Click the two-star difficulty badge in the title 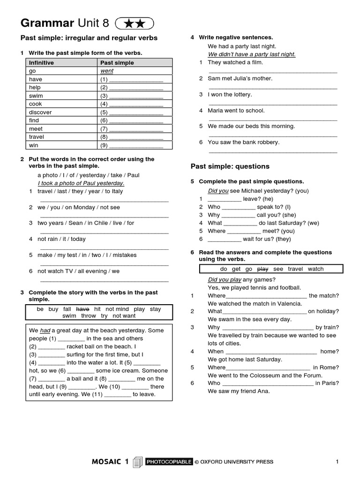click(x=134, y=23)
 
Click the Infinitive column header click(x=41, y=62)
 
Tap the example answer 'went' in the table click(x=107, y=71)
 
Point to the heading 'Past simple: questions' click(x=230, y=166)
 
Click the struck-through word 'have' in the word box click(x=82, y=309)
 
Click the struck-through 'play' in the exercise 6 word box click(x=263, y=269)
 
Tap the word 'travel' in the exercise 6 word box click(x=295, y=269)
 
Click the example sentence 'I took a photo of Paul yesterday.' click(x=81, y=183)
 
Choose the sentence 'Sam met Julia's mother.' click(x=240, y=78)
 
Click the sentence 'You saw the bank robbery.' click(x=243, y=142)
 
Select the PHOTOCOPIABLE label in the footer click(x=169, y=462)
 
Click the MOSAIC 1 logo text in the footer click(x=110, y=462)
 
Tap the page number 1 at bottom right click(x=337, y=462)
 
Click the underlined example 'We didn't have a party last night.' click(x=252, y=54)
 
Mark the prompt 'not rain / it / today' click(x=61, y=239)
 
